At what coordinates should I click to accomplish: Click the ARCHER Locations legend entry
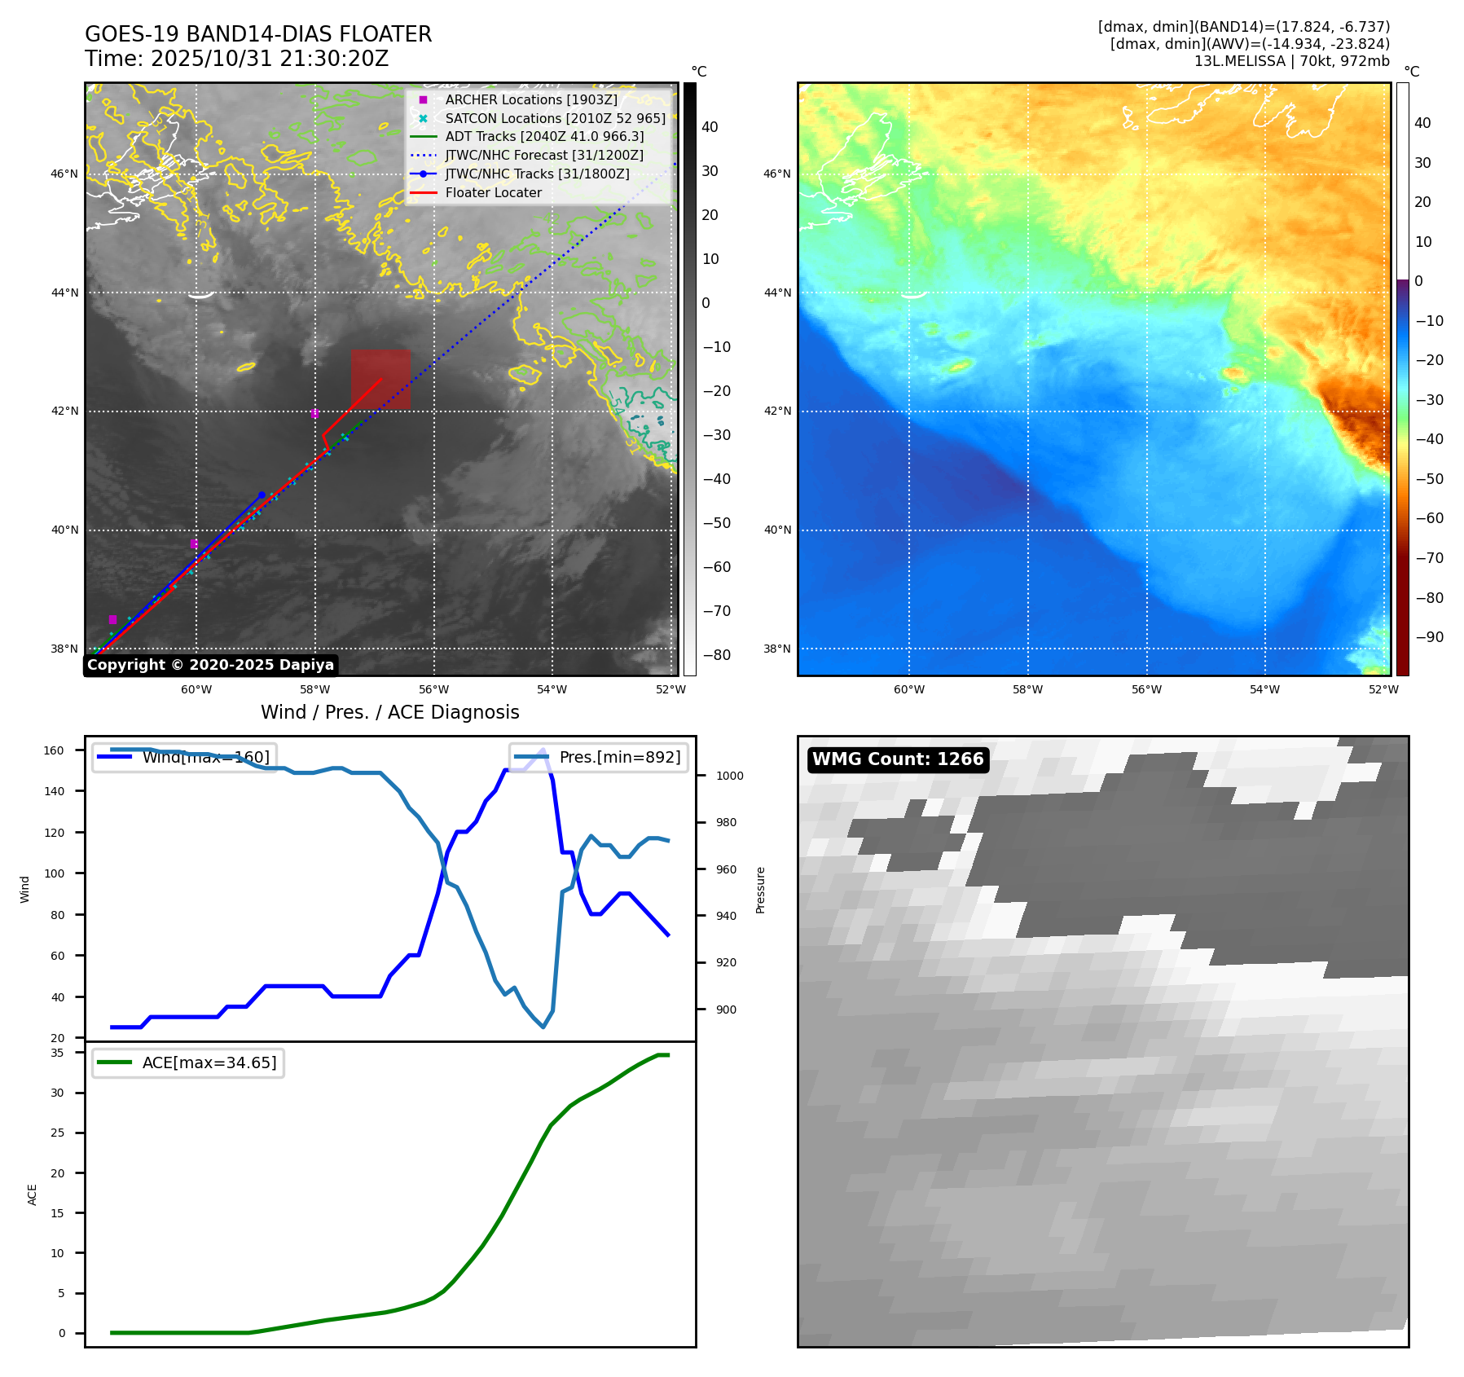point(530,99)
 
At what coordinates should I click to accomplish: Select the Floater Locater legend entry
point(493,192)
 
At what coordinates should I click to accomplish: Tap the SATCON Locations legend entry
point(555,118)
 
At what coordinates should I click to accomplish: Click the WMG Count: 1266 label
point(898,759)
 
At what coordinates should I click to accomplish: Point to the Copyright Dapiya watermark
point(210,665)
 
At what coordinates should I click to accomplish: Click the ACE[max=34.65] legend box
point(188,1062)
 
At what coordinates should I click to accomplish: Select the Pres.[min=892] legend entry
point(600,757)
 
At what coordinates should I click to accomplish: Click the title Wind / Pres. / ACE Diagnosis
point(389,712)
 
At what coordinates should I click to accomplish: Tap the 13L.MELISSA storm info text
point(1291,61)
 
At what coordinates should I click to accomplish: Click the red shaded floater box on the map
point(380,380)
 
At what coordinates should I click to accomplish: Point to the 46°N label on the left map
point(65,174)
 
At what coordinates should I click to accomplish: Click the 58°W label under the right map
point(1027,689)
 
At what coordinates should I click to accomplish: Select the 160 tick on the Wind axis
point(54,750)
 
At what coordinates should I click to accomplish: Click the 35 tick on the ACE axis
point(57,1053)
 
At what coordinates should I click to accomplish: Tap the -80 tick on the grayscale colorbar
point(716,655)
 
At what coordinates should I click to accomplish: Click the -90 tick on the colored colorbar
point(1429,637)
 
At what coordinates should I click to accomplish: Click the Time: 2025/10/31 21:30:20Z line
point(236,59)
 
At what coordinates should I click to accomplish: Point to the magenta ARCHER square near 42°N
point(314,413)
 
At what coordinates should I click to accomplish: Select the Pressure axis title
point(760,890)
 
